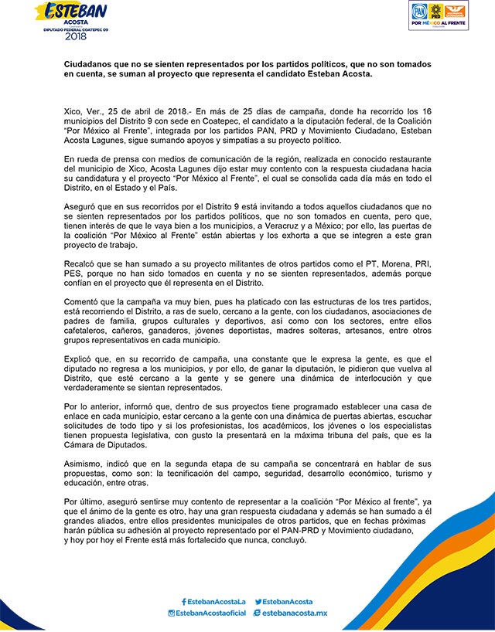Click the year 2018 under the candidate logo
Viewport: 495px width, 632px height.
77,36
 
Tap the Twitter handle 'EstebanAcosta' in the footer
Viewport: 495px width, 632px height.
287,601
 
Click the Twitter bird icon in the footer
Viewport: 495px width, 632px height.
257,601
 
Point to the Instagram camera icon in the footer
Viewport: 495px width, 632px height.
172,613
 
